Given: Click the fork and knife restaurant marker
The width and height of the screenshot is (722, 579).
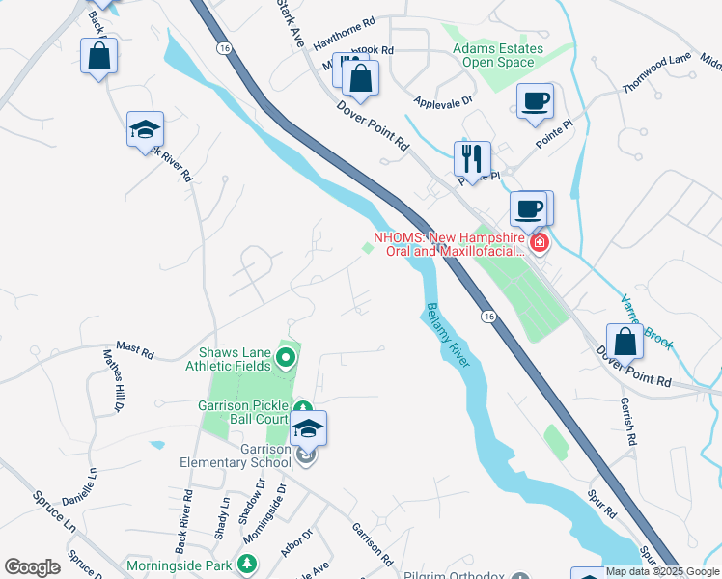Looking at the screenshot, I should tap(472, 157).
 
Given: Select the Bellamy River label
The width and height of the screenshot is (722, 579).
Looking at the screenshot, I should tap(447, 336).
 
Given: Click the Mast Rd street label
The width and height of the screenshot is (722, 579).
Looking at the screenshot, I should tap(135, 348).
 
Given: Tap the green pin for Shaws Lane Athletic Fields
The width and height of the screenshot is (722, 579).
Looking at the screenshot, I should tap(285, 360).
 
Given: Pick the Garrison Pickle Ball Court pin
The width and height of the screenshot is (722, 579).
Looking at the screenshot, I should tap(302, 409).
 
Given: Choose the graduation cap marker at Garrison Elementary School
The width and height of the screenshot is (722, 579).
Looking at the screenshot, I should tap(309, 427).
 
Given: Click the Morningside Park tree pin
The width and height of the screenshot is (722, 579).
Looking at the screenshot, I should tap(248, 563).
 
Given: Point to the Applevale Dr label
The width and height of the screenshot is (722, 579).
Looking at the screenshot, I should tap(443, 100).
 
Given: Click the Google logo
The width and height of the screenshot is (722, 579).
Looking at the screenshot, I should tap(33, 566).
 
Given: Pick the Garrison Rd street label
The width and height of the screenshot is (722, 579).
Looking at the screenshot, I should tap(372, 544).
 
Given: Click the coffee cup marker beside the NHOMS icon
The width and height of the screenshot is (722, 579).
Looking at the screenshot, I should tap(529, 207).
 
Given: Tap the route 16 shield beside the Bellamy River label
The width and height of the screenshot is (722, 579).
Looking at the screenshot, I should tap(488, 316).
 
